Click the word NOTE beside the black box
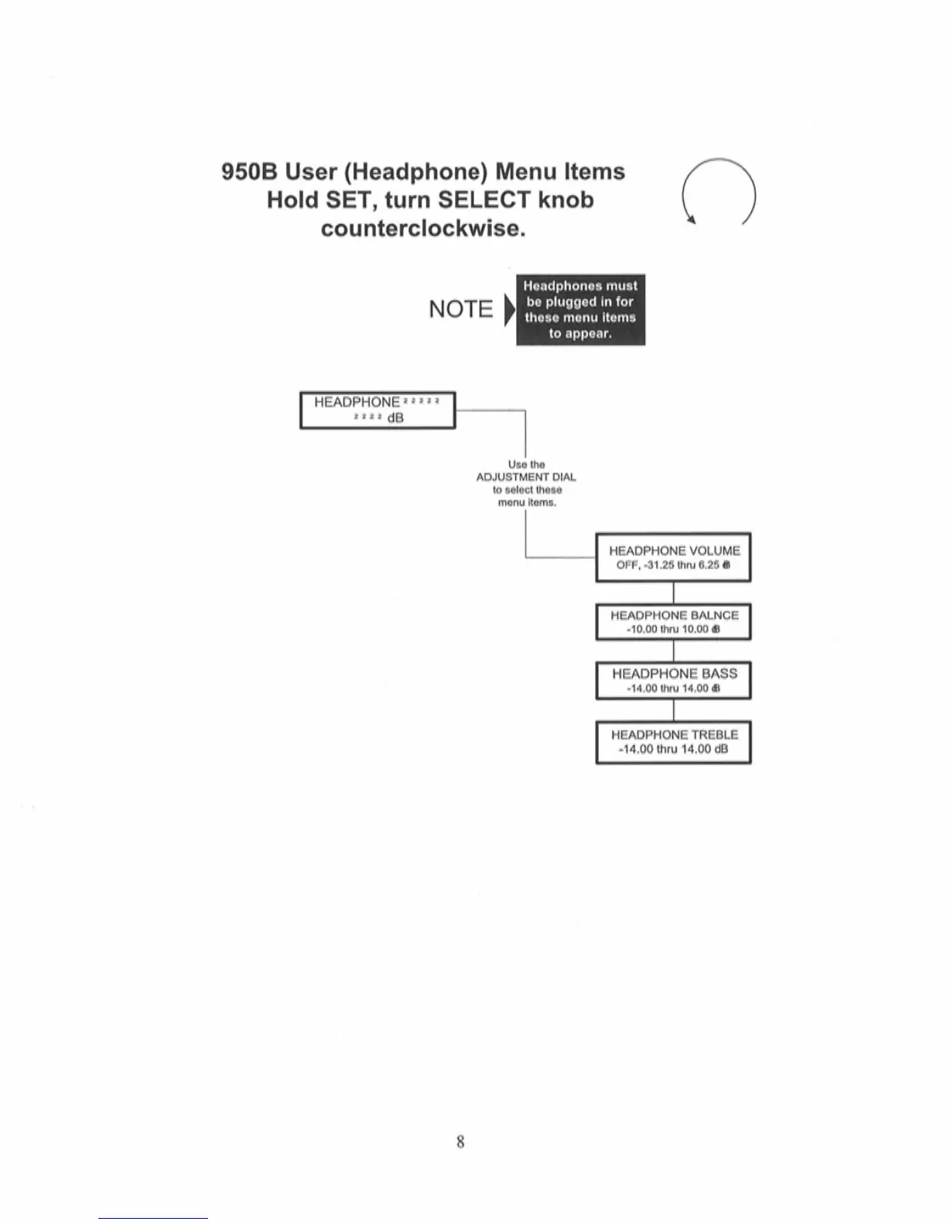[x=460, y=309]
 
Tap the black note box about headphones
[x=580, y=309]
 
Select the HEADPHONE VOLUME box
[x=673, y=557]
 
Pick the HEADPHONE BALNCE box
[x=673, y=622]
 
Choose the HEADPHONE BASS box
[x=673, y=681]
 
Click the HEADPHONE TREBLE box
[x=673, y=742]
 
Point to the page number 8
[x=460, y=1141]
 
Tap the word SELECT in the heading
[x=484, y=200]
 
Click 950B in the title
[x=249, y=172]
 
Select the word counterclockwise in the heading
[x=423, y=229]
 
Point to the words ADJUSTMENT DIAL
[x=526, y=477]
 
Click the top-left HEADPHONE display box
[x=378, y=410]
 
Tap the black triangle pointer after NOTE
[x=509, y=310]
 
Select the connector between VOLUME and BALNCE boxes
[x=673, y=593]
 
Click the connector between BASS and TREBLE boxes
[x=673, y=711]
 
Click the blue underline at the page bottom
[x=153, y=1218]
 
